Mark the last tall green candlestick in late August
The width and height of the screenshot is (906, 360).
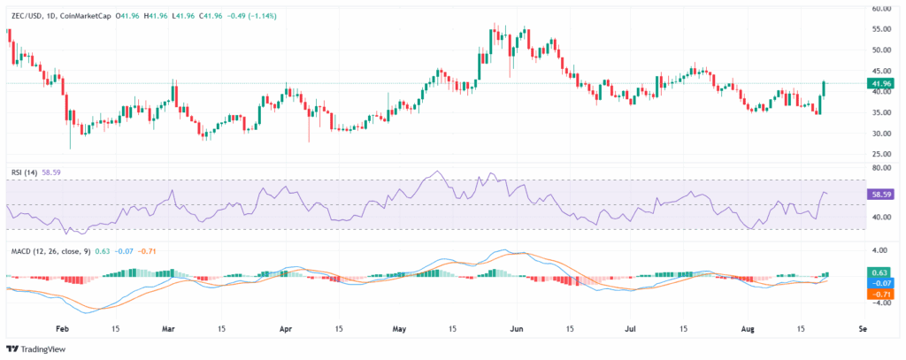[824, 91]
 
